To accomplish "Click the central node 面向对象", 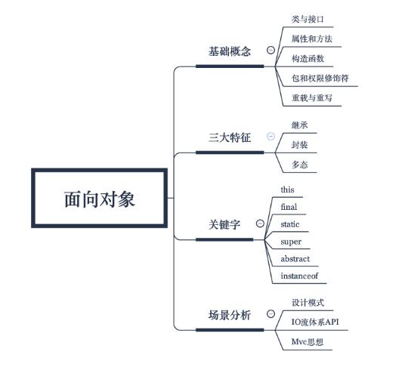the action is [x=100, y=199].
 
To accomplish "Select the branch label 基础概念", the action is [x=230, y=51].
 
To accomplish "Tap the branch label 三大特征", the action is [x=230, y=137].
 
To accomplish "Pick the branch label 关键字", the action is [x=224, y=224].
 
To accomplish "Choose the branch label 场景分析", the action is [x=230, y=315].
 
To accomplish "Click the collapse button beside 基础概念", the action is [x=271, y=50].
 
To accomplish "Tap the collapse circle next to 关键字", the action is [x=260, y=223].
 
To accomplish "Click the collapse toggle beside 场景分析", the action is [x=271, y=313].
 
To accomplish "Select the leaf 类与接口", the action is [x=308, y=19].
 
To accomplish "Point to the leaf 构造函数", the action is [x=308, y=58].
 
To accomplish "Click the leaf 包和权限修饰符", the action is [x=320, y=78].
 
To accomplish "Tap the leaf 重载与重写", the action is [x=312, y=97].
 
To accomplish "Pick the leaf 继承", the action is [x=300, y=125].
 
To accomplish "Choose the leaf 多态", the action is [x=300, y=165].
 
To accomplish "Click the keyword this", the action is [x=287, y=190].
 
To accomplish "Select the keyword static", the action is [x=290, y=224].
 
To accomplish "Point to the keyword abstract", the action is [x=295, y=259].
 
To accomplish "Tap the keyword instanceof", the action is [x=299, y=276].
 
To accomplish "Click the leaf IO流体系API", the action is [x=315, y=322].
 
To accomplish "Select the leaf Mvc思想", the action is [x=308, y=341].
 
